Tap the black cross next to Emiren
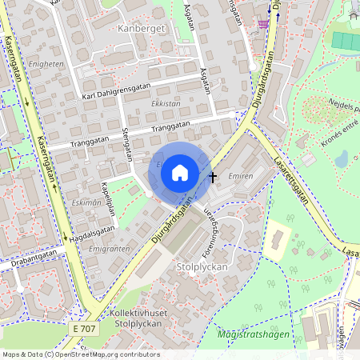pos(213,175)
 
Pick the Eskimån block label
pos(87,202)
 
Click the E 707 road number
pos(82,307)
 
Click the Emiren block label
pos(240,175)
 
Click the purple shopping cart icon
pos(262,23)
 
